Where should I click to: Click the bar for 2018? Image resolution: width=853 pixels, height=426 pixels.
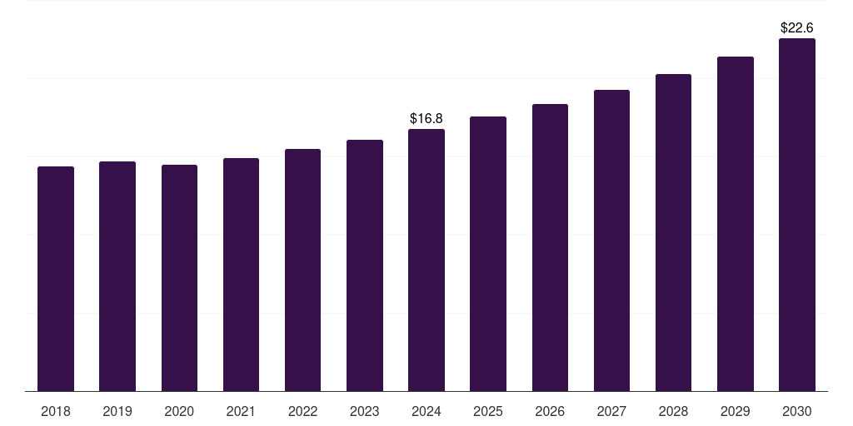click(x=56, y=279)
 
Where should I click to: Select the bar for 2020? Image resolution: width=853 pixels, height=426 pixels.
click(x=179, y=278)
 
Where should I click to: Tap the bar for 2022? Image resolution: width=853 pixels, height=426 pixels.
click(x=302, y=270)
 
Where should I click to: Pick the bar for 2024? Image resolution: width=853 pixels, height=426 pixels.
click(x=426, y=260)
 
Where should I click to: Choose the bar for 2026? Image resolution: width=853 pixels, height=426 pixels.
click(x=550, y=248)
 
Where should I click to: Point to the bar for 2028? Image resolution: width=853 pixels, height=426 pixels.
click(x=673, y=233)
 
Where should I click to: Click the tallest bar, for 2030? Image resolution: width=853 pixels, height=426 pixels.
click(x=797, y=215)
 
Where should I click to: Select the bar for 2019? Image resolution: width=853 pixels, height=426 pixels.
click(x=117, y=276)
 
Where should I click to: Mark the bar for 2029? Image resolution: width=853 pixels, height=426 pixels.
click(x=736, y=224)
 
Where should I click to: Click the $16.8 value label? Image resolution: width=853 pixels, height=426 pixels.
click(x=426, y=119)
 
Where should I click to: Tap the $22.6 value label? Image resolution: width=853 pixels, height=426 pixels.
click(x=797, y=28)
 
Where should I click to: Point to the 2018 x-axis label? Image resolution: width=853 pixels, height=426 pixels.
click(x=56, y=411)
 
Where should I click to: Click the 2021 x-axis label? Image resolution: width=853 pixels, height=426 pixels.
click(x=241, y=411)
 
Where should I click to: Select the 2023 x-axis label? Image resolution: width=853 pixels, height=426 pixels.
click(x=365, y=411)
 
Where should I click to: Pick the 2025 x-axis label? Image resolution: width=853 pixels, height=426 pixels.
click(x=488, y=411)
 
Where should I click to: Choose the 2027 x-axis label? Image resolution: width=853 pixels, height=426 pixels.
click(x=611, y=411)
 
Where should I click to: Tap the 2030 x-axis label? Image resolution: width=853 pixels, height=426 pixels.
click(x=797, y=411)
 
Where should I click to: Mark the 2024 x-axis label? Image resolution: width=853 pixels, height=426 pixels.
click(x=426, y=411)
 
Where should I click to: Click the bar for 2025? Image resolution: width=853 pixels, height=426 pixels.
click(x=488, y=254)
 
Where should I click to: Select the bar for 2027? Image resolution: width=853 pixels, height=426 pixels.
click(x=611, y=240)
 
